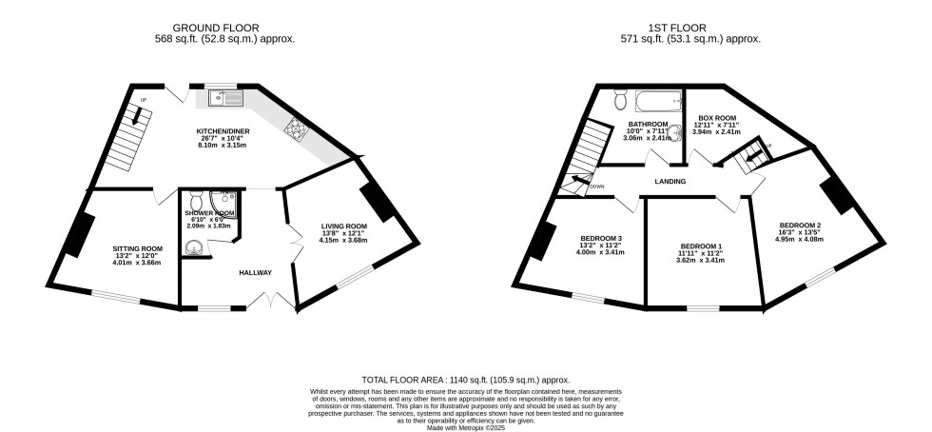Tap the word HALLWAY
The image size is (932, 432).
pyautogui.click(x=255, y=273)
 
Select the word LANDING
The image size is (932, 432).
pyautogui.click(x=671, y=180)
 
